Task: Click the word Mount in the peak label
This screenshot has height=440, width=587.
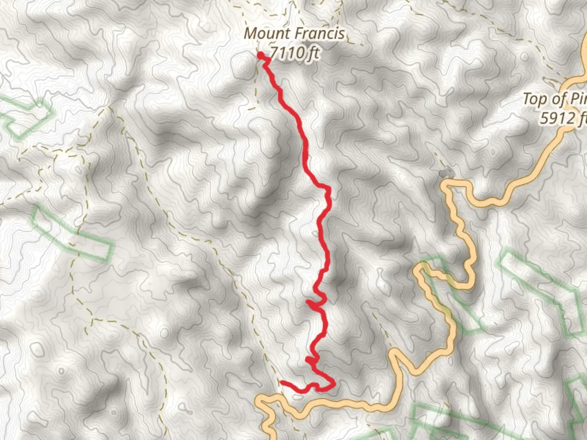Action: tap(263, 33)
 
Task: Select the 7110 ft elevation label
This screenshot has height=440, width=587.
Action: tap(294, 52)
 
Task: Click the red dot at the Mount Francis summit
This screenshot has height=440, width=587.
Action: tap(260, 55)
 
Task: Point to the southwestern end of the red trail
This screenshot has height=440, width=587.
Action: tap(282, 382)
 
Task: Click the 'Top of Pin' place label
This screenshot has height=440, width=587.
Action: tap(554, 99)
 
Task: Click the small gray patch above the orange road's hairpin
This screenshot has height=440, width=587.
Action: tap(446, 173)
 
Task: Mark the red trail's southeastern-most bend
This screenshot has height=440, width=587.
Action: tap(333, 383)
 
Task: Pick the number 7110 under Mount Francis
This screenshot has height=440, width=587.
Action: tap(287, 52)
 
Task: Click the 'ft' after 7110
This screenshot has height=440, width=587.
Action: tap(313, 53)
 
